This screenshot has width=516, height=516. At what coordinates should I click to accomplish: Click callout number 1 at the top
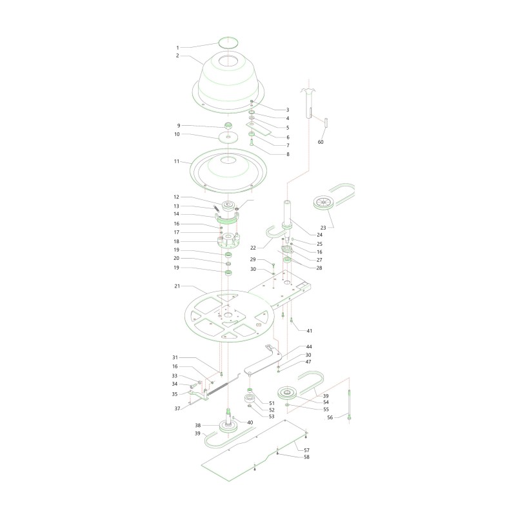point(177,47)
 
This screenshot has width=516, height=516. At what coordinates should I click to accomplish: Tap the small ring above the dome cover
point(227,42)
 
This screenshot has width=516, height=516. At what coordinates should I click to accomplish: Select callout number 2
point(177,56)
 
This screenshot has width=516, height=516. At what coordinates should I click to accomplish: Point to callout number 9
point(177,125)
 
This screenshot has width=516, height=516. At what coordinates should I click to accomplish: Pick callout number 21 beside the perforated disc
point(177,286)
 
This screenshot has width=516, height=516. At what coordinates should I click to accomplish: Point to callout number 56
point(330,417)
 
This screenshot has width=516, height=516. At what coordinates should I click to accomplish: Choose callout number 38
point(197,426)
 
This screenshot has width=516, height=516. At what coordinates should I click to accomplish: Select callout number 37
point(177,409)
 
